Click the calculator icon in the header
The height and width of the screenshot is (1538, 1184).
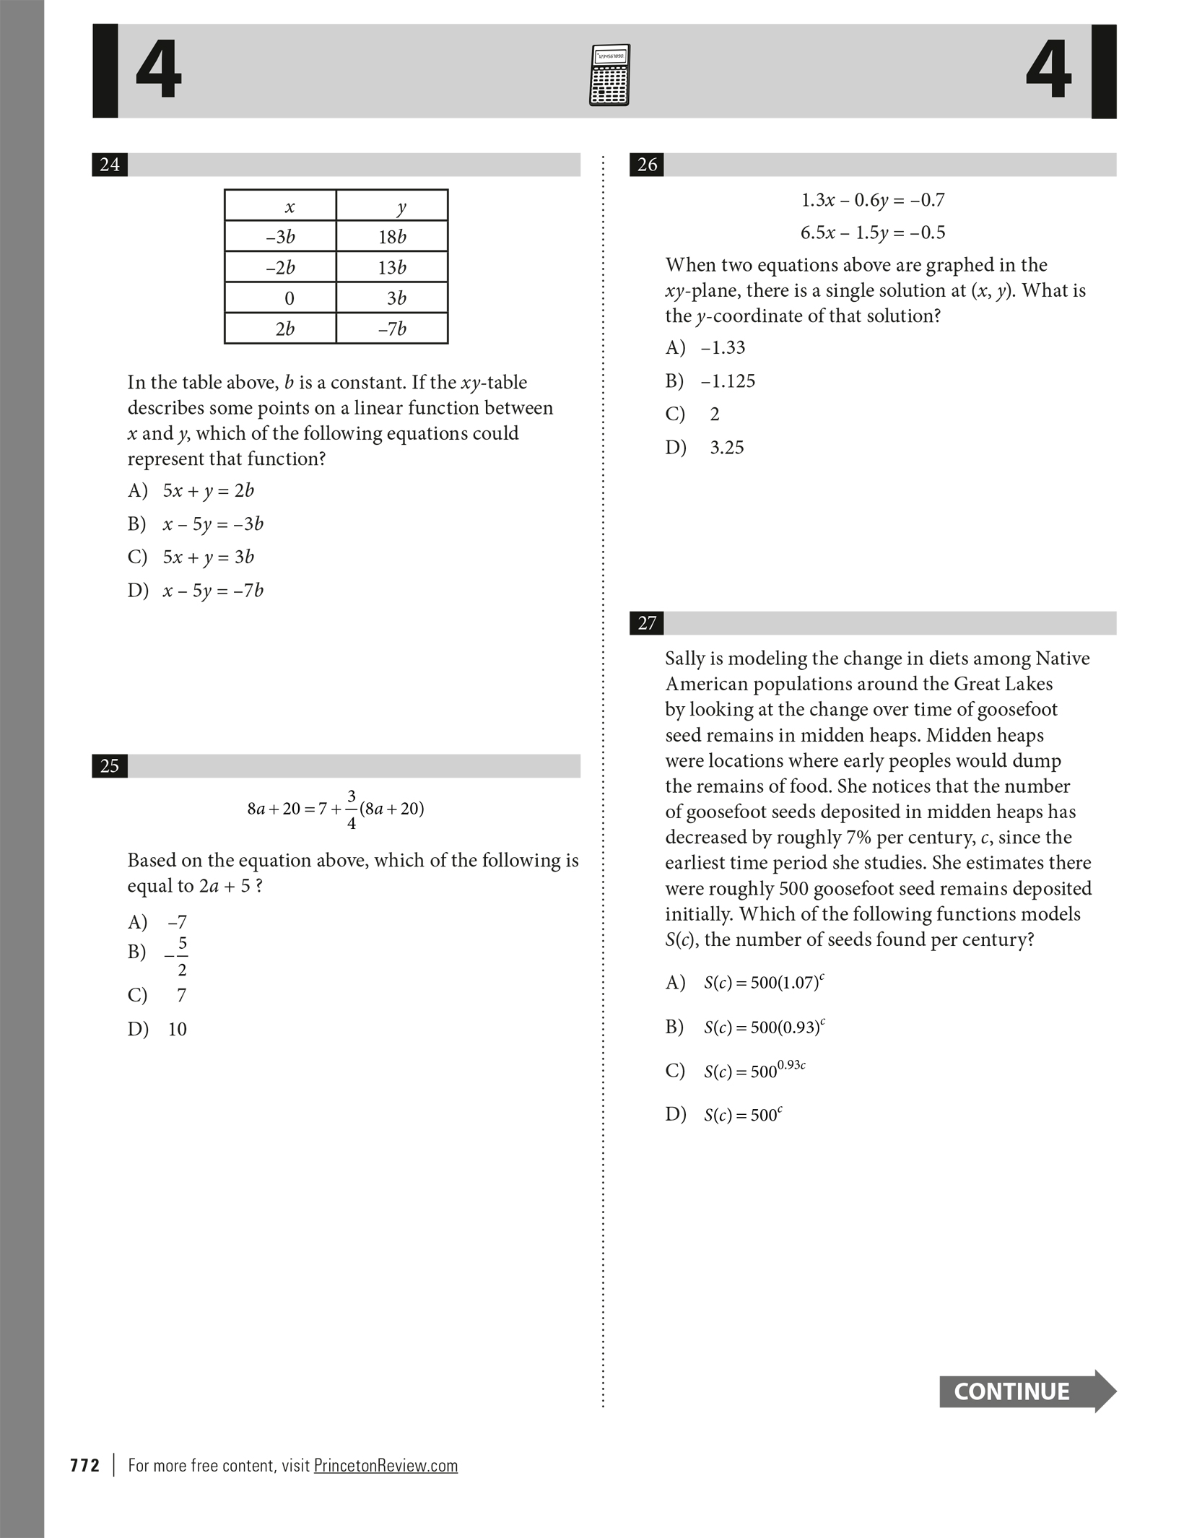[609, 75]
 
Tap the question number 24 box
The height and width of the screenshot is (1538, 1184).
[110, 165]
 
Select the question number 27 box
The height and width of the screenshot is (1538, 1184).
[647, 623]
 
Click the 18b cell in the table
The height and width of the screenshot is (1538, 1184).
[392, 237]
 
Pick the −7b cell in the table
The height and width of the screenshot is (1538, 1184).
[392, 329]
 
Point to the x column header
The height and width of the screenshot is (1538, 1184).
[290, 207]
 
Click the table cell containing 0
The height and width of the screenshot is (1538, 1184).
[289, 298]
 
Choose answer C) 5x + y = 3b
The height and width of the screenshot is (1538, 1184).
[191, 557]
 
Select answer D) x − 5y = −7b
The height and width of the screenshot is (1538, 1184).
[196, 591]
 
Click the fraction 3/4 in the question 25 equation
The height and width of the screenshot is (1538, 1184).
[352, 809]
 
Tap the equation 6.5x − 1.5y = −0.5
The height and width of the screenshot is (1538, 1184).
[872, 233]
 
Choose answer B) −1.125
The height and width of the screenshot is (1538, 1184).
[710, 381]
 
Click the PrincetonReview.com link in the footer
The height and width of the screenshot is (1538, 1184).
[386, 1465]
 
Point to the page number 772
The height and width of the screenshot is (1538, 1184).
[85, 1465]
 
